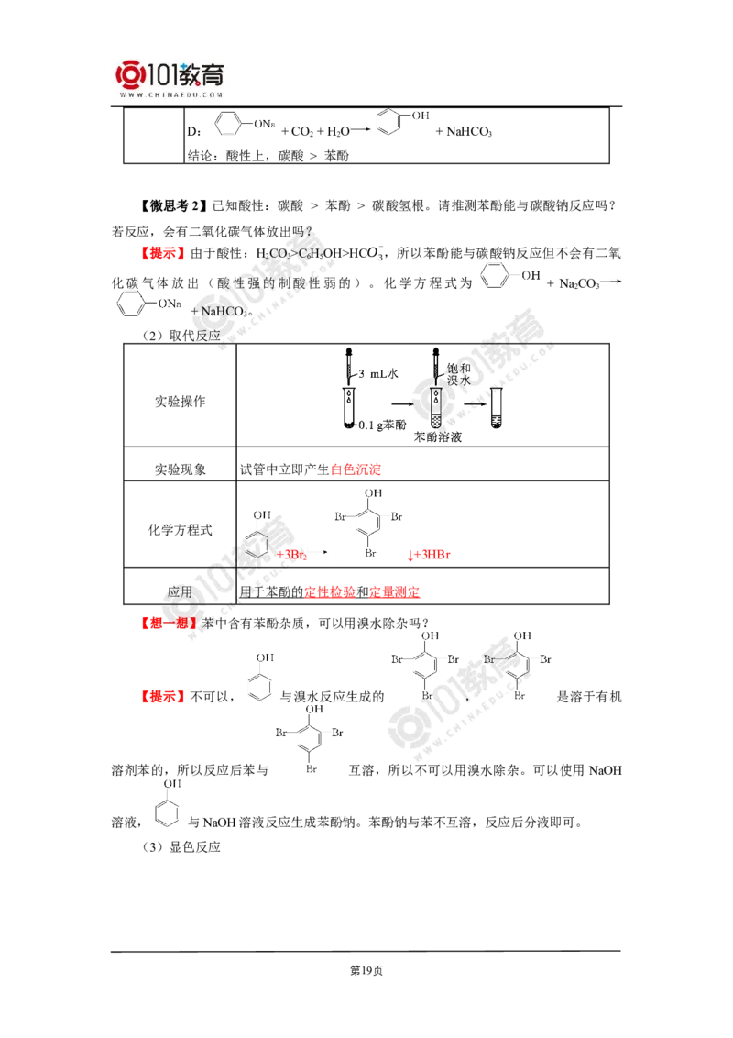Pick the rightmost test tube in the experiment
pos(497,405)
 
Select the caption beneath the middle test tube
pos(438,437)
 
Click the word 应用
pos(180,592)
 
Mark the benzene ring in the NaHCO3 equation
pos(131,304)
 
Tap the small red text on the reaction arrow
pos(290,554)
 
